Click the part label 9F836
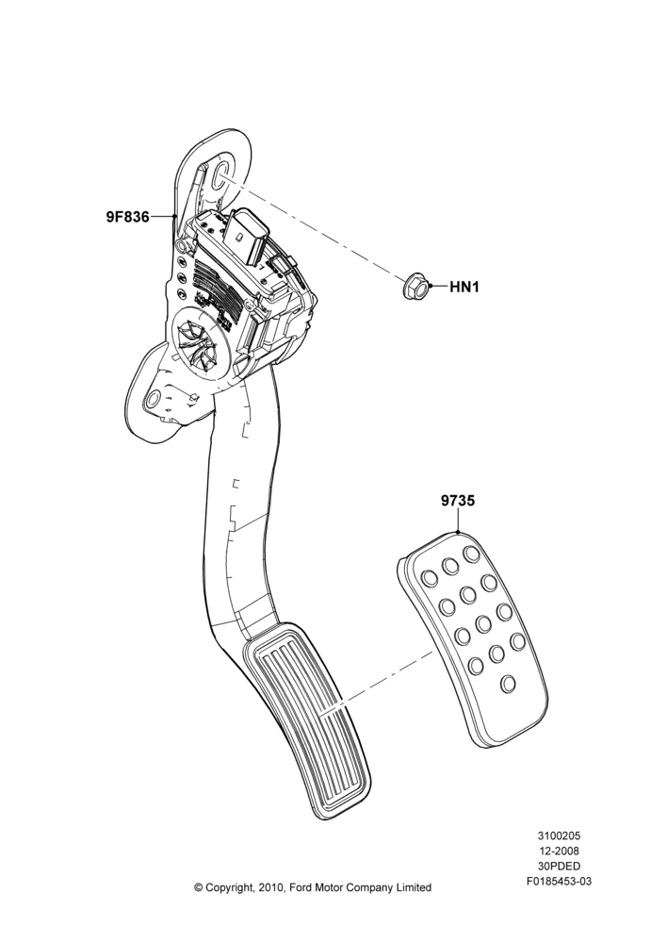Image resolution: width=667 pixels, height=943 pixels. point(127,217)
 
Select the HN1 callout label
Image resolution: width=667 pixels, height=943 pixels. point(464,287)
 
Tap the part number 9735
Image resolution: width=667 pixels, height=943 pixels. point(458,501)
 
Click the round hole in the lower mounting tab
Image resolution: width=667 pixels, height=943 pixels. point(155,398)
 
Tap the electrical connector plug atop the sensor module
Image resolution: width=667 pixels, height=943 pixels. point(247,237)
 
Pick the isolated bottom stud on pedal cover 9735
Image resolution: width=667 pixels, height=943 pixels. point(509,683)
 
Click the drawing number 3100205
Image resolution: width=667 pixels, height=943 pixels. point(559,835)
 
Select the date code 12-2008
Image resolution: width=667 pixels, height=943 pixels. point(559,851)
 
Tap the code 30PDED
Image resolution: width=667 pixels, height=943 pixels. point(559,867)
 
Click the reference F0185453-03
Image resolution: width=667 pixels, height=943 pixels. point(559,882)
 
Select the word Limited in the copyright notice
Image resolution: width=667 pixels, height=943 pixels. point(413,887)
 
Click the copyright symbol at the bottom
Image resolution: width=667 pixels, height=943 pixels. point(198,887)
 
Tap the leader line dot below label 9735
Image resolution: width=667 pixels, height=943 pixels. point(459,532)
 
